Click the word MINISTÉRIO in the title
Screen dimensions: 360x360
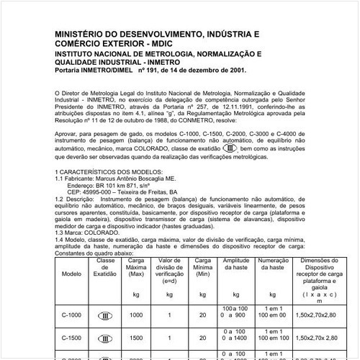click(x=80, y=34)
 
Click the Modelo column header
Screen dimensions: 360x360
click(x=72, y=274)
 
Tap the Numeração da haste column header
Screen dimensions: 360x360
click(x=272, y=264)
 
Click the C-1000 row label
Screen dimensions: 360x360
click(x=72, y=315)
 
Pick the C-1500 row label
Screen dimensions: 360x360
click(x=72, y=336)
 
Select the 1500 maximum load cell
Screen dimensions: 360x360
click(x=136, y=336)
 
